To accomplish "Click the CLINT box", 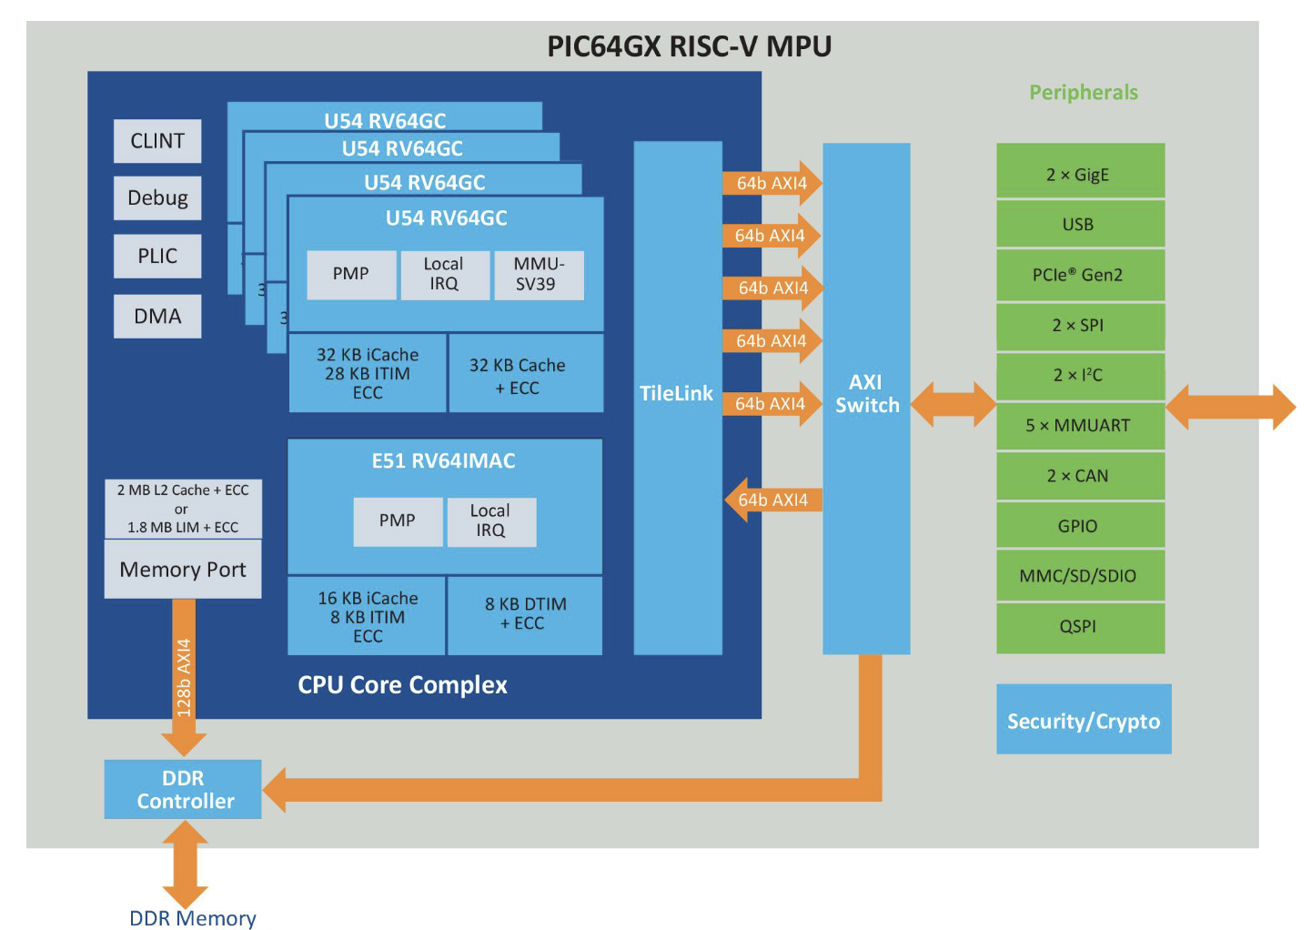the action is (157, 141).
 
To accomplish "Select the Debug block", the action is (157, 198).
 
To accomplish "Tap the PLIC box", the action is (157, 256).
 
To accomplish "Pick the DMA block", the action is (157, 317).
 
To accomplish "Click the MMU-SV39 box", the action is (539, 275).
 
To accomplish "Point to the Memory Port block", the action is (183, 570).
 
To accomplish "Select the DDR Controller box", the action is (183, 790).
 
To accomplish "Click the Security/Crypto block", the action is (1084, 719).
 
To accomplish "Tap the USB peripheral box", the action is (1081, 224).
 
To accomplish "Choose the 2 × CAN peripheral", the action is (1081, 476).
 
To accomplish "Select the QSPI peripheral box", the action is (1081, 627).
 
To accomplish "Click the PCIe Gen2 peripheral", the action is (1081, 275).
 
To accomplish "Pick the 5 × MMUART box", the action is (1081, 426).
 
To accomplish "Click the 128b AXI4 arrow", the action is (184, 678).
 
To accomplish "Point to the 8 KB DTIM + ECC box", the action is (525, 615).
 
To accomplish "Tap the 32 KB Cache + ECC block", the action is (525, 373).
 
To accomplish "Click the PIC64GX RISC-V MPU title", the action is (689, 46).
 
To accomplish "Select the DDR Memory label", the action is (193, 917).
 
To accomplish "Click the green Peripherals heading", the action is (1084, 93).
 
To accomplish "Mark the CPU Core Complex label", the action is (402, 685).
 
